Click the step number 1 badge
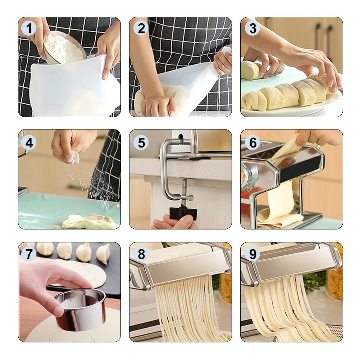coord(29,28)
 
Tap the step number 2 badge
coord(141,28)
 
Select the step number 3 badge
coord(252,28)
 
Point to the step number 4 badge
coord(29,142)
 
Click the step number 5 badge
coord(141,142)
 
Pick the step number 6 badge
coord(252,142)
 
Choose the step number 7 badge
coord(29,254)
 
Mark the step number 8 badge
coord(141,254)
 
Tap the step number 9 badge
coord(252,254)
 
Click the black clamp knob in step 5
coord(183,213)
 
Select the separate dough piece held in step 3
coord(250,70)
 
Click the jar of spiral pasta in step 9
coord(334,283)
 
